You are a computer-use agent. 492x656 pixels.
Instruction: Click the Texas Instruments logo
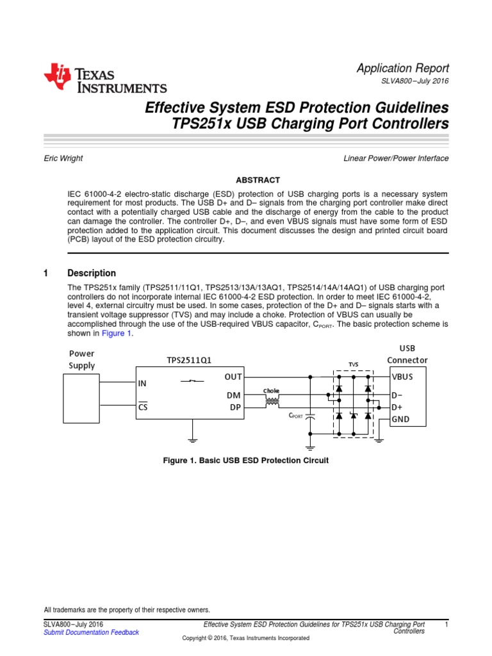coord(105,79)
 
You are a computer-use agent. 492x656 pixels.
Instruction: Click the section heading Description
coord(92,273)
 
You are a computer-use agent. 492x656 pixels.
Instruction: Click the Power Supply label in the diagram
coord(81,359)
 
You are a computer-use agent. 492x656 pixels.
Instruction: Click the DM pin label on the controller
coord(233,396)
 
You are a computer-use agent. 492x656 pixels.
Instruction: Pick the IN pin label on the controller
coord(142,383)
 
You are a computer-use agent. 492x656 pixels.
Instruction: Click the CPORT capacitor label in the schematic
coord(295,416)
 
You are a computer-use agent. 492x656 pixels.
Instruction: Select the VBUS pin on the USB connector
coord(402,377)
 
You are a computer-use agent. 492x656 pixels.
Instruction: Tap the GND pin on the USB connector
coord(400,420)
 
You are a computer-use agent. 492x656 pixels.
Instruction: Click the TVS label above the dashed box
coord(353,364)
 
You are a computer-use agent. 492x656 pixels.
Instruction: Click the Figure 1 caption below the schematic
coord(246,461)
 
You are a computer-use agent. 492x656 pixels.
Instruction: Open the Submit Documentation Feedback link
coord(91,632)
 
